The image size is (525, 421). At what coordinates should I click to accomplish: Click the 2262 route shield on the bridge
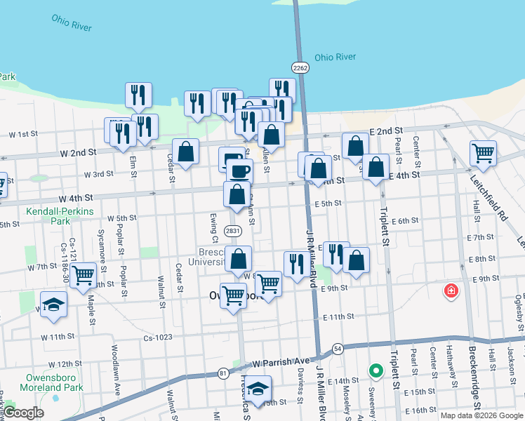[x=300, y=67]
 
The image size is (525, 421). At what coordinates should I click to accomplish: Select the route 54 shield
[x=338, y=349]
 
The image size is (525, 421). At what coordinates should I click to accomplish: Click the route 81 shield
[x=222, y=373]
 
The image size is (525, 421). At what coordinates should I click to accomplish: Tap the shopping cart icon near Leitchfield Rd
[x=483, y=152]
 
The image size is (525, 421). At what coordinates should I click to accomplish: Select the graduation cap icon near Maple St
[x=53, y=304]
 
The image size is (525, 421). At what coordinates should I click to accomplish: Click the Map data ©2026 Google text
[x=482, y=415]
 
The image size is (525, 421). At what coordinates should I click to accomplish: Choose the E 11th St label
[x=338, y=317]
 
